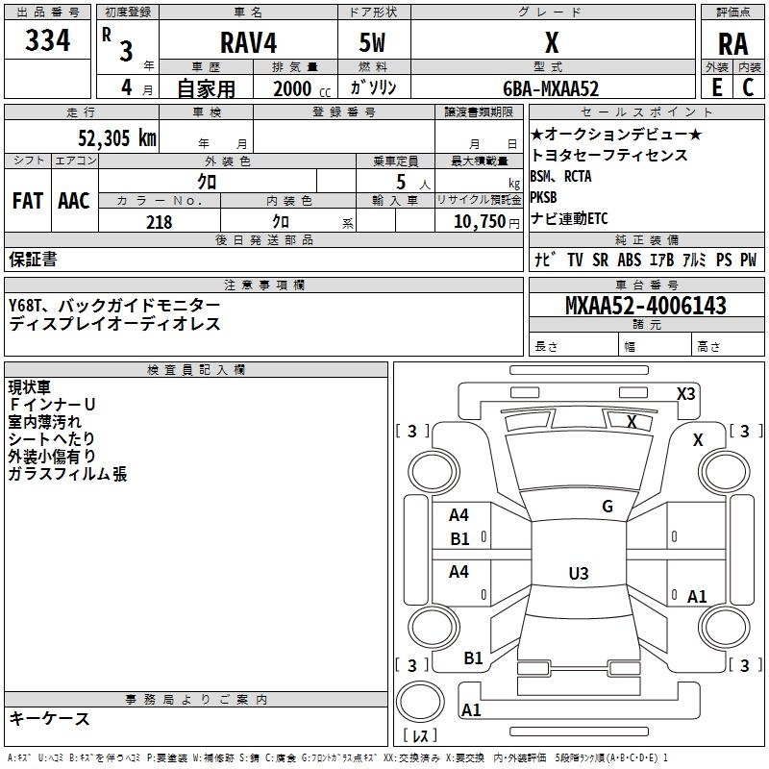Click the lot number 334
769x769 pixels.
tap(48, 41)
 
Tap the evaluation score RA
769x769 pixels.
tap(732, 43)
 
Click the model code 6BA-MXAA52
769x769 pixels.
tap(551, 88)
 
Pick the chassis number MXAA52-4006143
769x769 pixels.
tap(646, 306)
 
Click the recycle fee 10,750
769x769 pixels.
tap(478, 222)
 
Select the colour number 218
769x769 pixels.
tap(159, 222)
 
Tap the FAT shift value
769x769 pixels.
tap(28, 200)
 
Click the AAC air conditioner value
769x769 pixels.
tap(74, 200)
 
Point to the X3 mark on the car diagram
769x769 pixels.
tap(686, 393)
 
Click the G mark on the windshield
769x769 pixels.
tap(607, 507)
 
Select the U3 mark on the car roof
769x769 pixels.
tap(578, 574)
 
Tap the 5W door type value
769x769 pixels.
tap(373, 43)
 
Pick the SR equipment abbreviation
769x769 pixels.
tap(600, 260)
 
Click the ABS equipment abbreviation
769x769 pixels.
tap(629, 260)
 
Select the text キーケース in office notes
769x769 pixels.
tap(49, 718)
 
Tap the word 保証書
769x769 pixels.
tap(33, 259)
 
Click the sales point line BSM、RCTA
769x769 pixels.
tap(560, 177)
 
